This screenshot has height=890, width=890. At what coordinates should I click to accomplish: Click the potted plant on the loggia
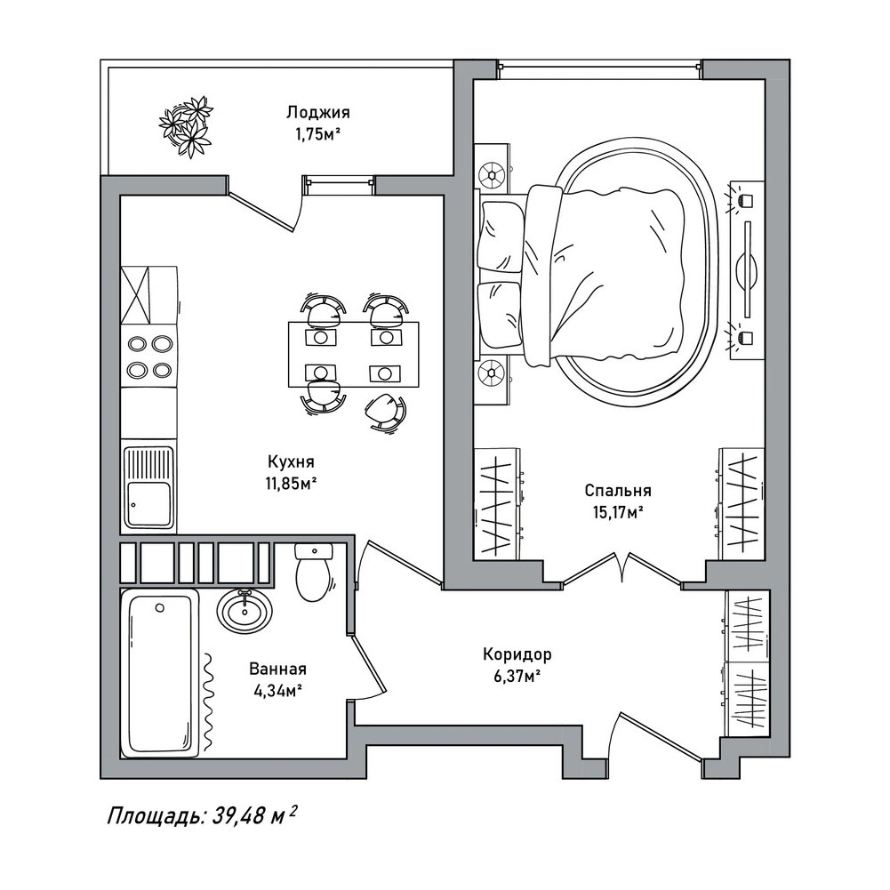pos(186,126)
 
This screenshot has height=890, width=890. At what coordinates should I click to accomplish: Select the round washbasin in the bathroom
pos(245,611)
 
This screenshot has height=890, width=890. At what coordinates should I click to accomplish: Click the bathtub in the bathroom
pos(161,672)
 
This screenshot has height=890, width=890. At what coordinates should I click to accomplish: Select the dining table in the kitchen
pos(354,354)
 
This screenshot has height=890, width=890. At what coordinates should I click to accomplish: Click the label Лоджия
pos(318,112)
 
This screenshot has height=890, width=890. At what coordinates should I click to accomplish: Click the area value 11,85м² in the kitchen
pos(290,484)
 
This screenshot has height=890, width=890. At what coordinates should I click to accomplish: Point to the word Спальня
pos(618,490)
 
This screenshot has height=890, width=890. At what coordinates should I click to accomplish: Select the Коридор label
pos(517,654)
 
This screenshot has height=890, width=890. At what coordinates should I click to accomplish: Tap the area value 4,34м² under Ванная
pos(278,692)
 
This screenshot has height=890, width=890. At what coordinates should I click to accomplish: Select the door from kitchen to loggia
pos(266,204)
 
